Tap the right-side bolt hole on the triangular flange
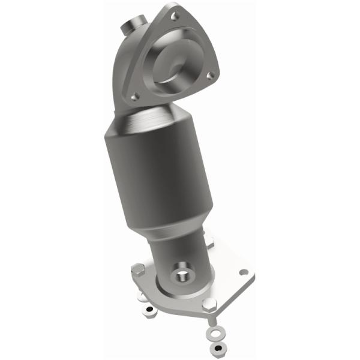211,76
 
